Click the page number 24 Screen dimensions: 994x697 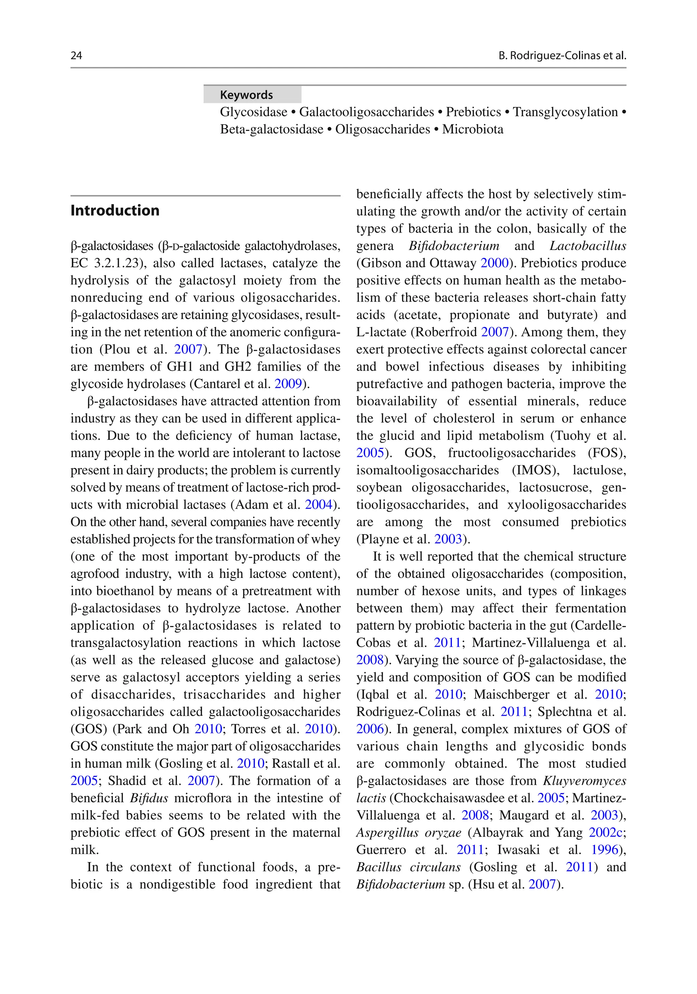(x=76, y=55)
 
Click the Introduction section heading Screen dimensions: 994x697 (x=115, y=211)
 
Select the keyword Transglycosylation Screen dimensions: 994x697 (x=565, y=112)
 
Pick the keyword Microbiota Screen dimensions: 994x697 (x=473, y=130)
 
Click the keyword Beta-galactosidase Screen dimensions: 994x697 (x=272, y=130)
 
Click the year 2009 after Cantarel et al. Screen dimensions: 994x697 (x=288, y=384)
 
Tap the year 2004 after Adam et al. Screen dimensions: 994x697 (x=319, y=505)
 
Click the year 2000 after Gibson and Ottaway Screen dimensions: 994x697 (x=494, y=263)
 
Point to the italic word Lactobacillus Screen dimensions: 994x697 (x=587, y=246)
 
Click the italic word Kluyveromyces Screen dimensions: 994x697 (x=584, y=781)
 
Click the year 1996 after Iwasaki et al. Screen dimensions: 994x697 (x=605, y=850)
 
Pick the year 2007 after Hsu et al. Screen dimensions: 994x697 (x=542, y=884)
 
